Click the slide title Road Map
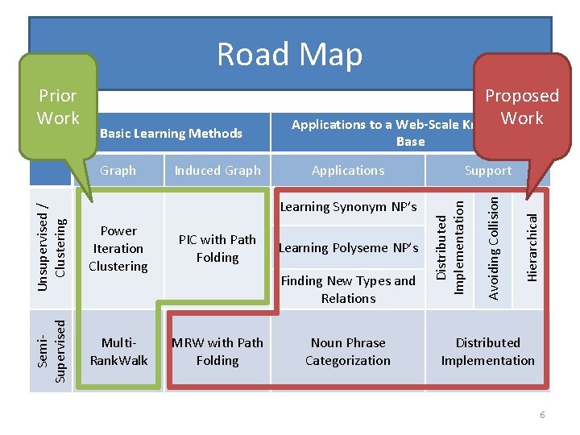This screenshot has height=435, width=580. pos(289,54)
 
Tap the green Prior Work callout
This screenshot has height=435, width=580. pos(58,106)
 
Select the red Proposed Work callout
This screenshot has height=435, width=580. pos(520,106)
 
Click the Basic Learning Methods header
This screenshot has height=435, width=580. pos(170,133)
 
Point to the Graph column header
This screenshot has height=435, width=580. pos(118,170)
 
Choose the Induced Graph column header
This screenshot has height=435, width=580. pos(217,170)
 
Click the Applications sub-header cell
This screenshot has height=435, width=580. pos(348,170)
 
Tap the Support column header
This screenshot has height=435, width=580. pos(487,170)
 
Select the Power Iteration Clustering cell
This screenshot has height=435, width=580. pos(118,248)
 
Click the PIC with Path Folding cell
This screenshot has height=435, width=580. pos(217,248)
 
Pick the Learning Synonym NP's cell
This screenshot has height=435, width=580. pos(348,206)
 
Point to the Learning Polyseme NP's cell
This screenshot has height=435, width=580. pos(348,247)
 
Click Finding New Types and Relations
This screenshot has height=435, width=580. pos(348,289)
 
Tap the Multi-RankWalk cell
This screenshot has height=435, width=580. pos(118,351)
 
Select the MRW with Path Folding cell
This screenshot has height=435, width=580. pos(217,351)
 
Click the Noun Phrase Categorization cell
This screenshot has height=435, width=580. pos(348,351)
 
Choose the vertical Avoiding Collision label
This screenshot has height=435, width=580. pos(494,246)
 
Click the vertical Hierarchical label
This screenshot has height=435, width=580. pos(532,246)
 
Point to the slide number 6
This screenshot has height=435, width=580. pos(542,414)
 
